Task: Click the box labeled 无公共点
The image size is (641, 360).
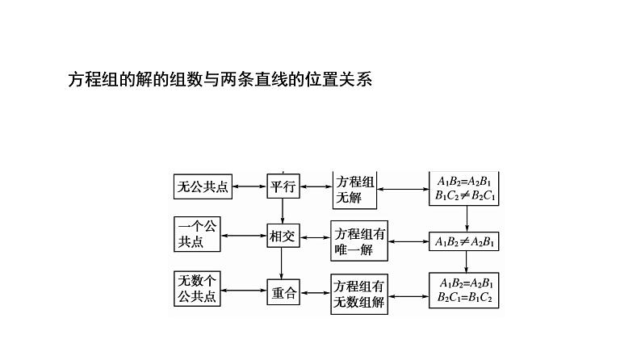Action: (202, 187)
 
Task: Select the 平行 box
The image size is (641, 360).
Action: (283, 186)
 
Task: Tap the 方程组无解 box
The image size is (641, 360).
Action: (356, 190)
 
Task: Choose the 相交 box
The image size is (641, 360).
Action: (283, 237)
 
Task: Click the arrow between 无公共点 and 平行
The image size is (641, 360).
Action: (249, 187)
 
